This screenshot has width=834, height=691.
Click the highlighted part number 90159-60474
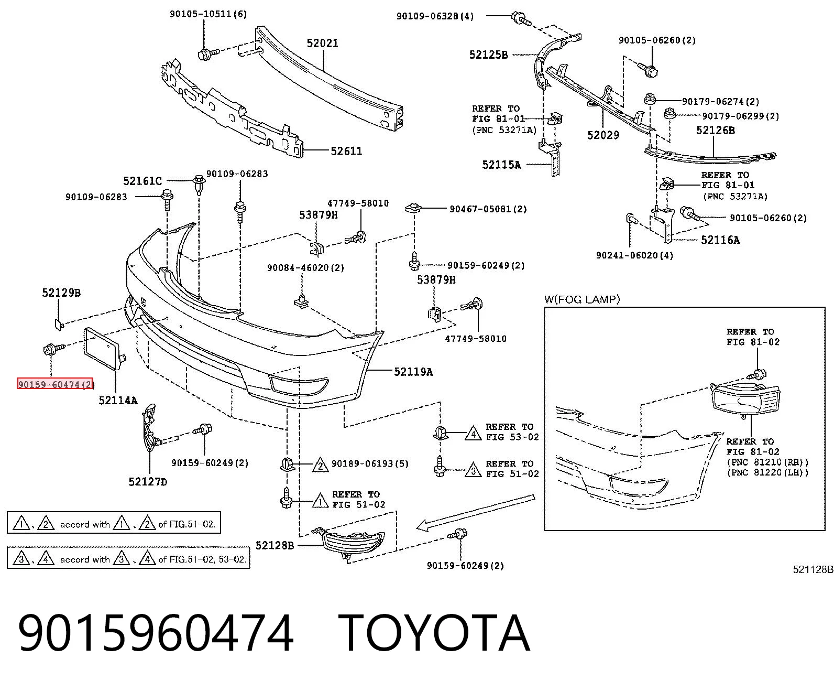[x=55, y=384]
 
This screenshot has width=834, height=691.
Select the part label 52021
[x=322, y=43]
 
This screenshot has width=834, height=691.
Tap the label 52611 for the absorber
[x=346, y=151]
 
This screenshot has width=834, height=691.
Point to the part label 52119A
[x=413, y=372]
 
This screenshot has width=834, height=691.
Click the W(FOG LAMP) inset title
[x=582, y=299]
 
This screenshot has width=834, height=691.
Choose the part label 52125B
[x=488, y=55]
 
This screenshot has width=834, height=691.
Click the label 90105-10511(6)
[x=208, y=14]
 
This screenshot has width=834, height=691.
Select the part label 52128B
[x=275, y=545]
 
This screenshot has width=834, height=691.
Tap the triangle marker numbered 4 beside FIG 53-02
[x=474, y=433]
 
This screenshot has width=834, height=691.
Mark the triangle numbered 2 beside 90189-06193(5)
[x=320, y=465]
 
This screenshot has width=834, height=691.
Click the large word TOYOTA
[x=434, y=633]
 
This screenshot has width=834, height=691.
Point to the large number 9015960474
[x=156, y=633]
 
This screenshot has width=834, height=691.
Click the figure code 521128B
[x=813, y=569]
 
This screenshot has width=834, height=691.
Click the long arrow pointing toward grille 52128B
[x=475, y=513]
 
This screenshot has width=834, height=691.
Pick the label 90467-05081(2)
[x=488, y=209]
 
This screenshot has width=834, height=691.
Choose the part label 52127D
[x=148, y=482]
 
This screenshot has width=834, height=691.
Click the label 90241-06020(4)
[x=635, y=255]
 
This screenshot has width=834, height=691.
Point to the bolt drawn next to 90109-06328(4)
[x=521, y=18]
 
